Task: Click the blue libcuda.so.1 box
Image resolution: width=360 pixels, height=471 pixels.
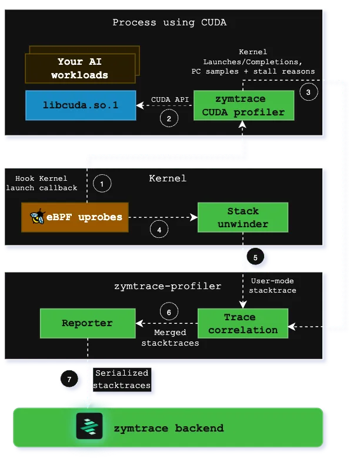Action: (80, 105)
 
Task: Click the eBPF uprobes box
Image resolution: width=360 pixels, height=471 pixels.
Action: (75, 217)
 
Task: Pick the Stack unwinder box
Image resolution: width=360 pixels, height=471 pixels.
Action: (243, 217)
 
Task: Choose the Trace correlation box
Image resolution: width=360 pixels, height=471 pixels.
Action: (243, 323)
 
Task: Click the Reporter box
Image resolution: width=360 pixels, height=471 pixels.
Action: (87, 323)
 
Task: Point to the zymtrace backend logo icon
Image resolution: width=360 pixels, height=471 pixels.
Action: (89, 427)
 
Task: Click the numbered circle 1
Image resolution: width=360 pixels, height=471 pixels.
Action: (102, 184)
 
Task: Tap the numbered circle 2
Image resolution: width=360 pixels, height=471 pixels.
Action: (169, 118)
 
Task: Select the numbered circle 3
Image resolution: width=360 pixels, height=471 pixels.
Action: (309, 91)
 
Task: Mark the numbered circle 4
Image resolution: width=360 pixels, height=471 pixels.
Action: (160, 230)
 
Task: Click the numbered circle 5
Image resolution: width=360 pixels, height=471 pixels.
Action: (255, 257)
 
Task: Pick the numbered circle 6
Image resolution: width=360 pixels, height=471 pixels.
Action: (169, 311)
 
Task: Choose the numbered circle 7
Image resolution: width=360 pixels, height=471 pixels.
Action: (69, 380)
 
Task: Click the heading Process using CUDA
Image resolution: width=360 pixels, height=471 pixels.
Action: (169, 23)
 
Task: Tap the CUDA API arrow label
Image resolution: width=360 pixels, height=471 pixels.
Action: (169, 99)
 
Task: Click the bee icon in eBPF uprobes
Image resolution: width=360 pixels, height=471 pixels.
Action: (37, 217)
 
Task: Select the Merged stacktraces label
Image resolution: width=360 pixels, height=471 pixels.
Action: (170, 338)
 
